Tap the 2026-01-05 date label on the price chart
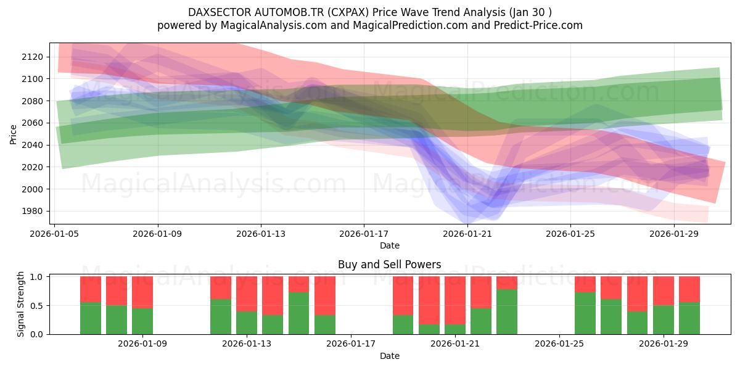point(55,234)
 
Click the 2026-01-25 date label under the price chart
point(570,234)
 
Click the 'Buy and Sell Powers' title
point(389,265)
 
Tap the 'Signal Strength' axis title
point(20,305)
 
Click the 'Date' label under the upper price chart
point(389,245)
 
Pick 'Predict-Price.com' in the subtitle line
point(537,25)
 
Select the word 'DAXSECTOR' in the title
point(218,12)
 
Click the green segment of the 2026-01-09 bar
point(142,321)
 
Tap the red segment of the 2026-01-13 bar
point(247,294)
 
